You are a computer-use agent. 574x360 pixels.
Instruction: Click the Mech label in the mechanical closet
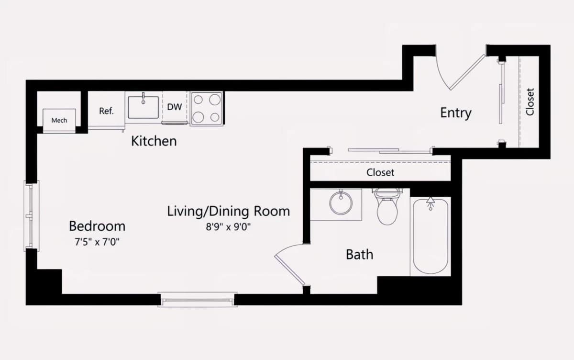(x=59, y=120)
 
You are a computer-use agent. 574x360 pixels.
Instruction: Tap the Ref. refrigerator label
(x=106, y=111)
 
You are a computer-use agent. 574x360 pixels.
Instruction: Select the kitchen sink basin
(x=143, y=107)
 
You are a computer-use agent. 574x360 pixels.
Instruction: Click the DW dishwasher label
(x=175, y=107)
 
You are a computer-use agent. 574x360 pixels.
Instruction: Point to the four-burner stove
(x=206, y=109)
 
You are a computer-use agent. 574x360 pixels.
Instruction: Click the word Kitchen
(x=154, y=141)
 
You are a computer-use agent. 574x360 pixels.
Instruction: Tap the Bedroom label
(x=97, y=226)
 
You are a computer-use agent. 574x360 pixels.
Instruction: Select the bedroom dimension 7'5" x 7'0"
(x=97, y=242)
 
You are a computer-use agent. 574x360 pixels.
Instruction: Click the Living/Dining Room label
(x=229, y=212)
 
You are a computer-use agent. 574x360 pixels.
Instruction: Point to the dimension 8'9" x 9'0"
(x=228, y=227)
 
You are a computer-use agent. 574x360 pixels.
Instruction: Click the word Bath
(x=360, y=255)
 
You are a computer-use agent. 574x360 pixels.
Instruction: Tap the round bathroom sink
(x=341, y=203)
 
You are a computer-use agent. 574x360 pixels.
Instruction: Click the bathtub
(x=430, y=236)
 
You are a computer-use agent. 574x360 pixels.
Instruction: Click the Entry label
(x=456, y=113)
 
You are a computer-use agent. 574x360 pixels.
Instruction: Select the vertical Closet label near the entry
(x=530, y=102)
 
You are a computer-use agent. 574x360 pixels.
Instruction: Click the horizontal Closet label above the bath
(x=380, y=172)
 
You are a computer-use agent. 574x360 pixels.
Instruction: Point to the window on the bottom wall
(x=197, y=300)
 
